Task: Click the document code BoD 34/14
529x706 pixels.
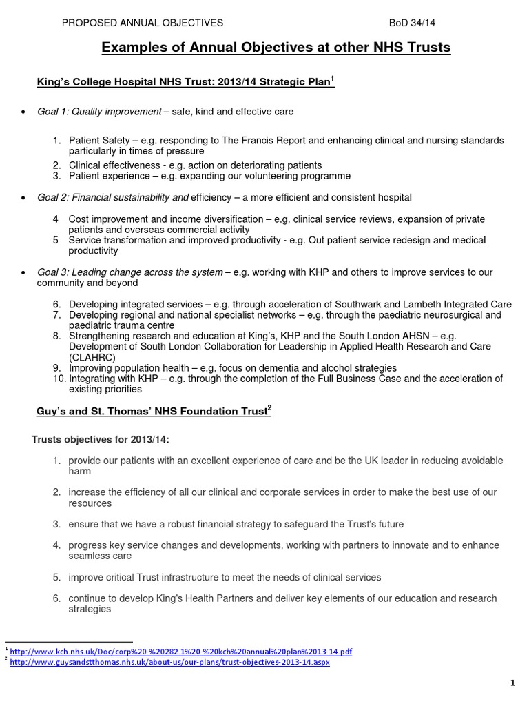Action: coord(412,23)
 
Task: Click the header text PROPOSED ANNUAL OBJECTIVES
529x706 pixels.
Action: coord(143,23)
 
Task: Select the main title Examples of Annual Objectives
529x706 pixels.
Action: coord(276,48)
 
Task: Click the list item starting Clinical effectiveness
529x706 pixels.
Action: coord(195,165)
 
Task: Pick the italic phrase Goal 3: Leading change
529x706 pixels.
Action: coord(130,272)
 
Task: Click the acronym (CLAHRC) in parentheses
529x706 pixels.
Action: coord(93,358)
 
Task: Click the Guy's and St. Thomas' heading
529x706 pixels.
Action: coord(154,412)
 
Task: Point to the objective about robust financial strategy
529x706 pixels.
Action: coord(236,524)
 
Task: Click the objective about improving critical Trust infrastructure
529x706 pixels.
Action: coord(225,577)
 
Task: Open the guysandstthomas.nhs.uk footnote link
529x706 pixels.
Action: coord(170,660)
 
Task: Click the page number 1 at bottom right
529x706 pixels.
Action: coord(513,683)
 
